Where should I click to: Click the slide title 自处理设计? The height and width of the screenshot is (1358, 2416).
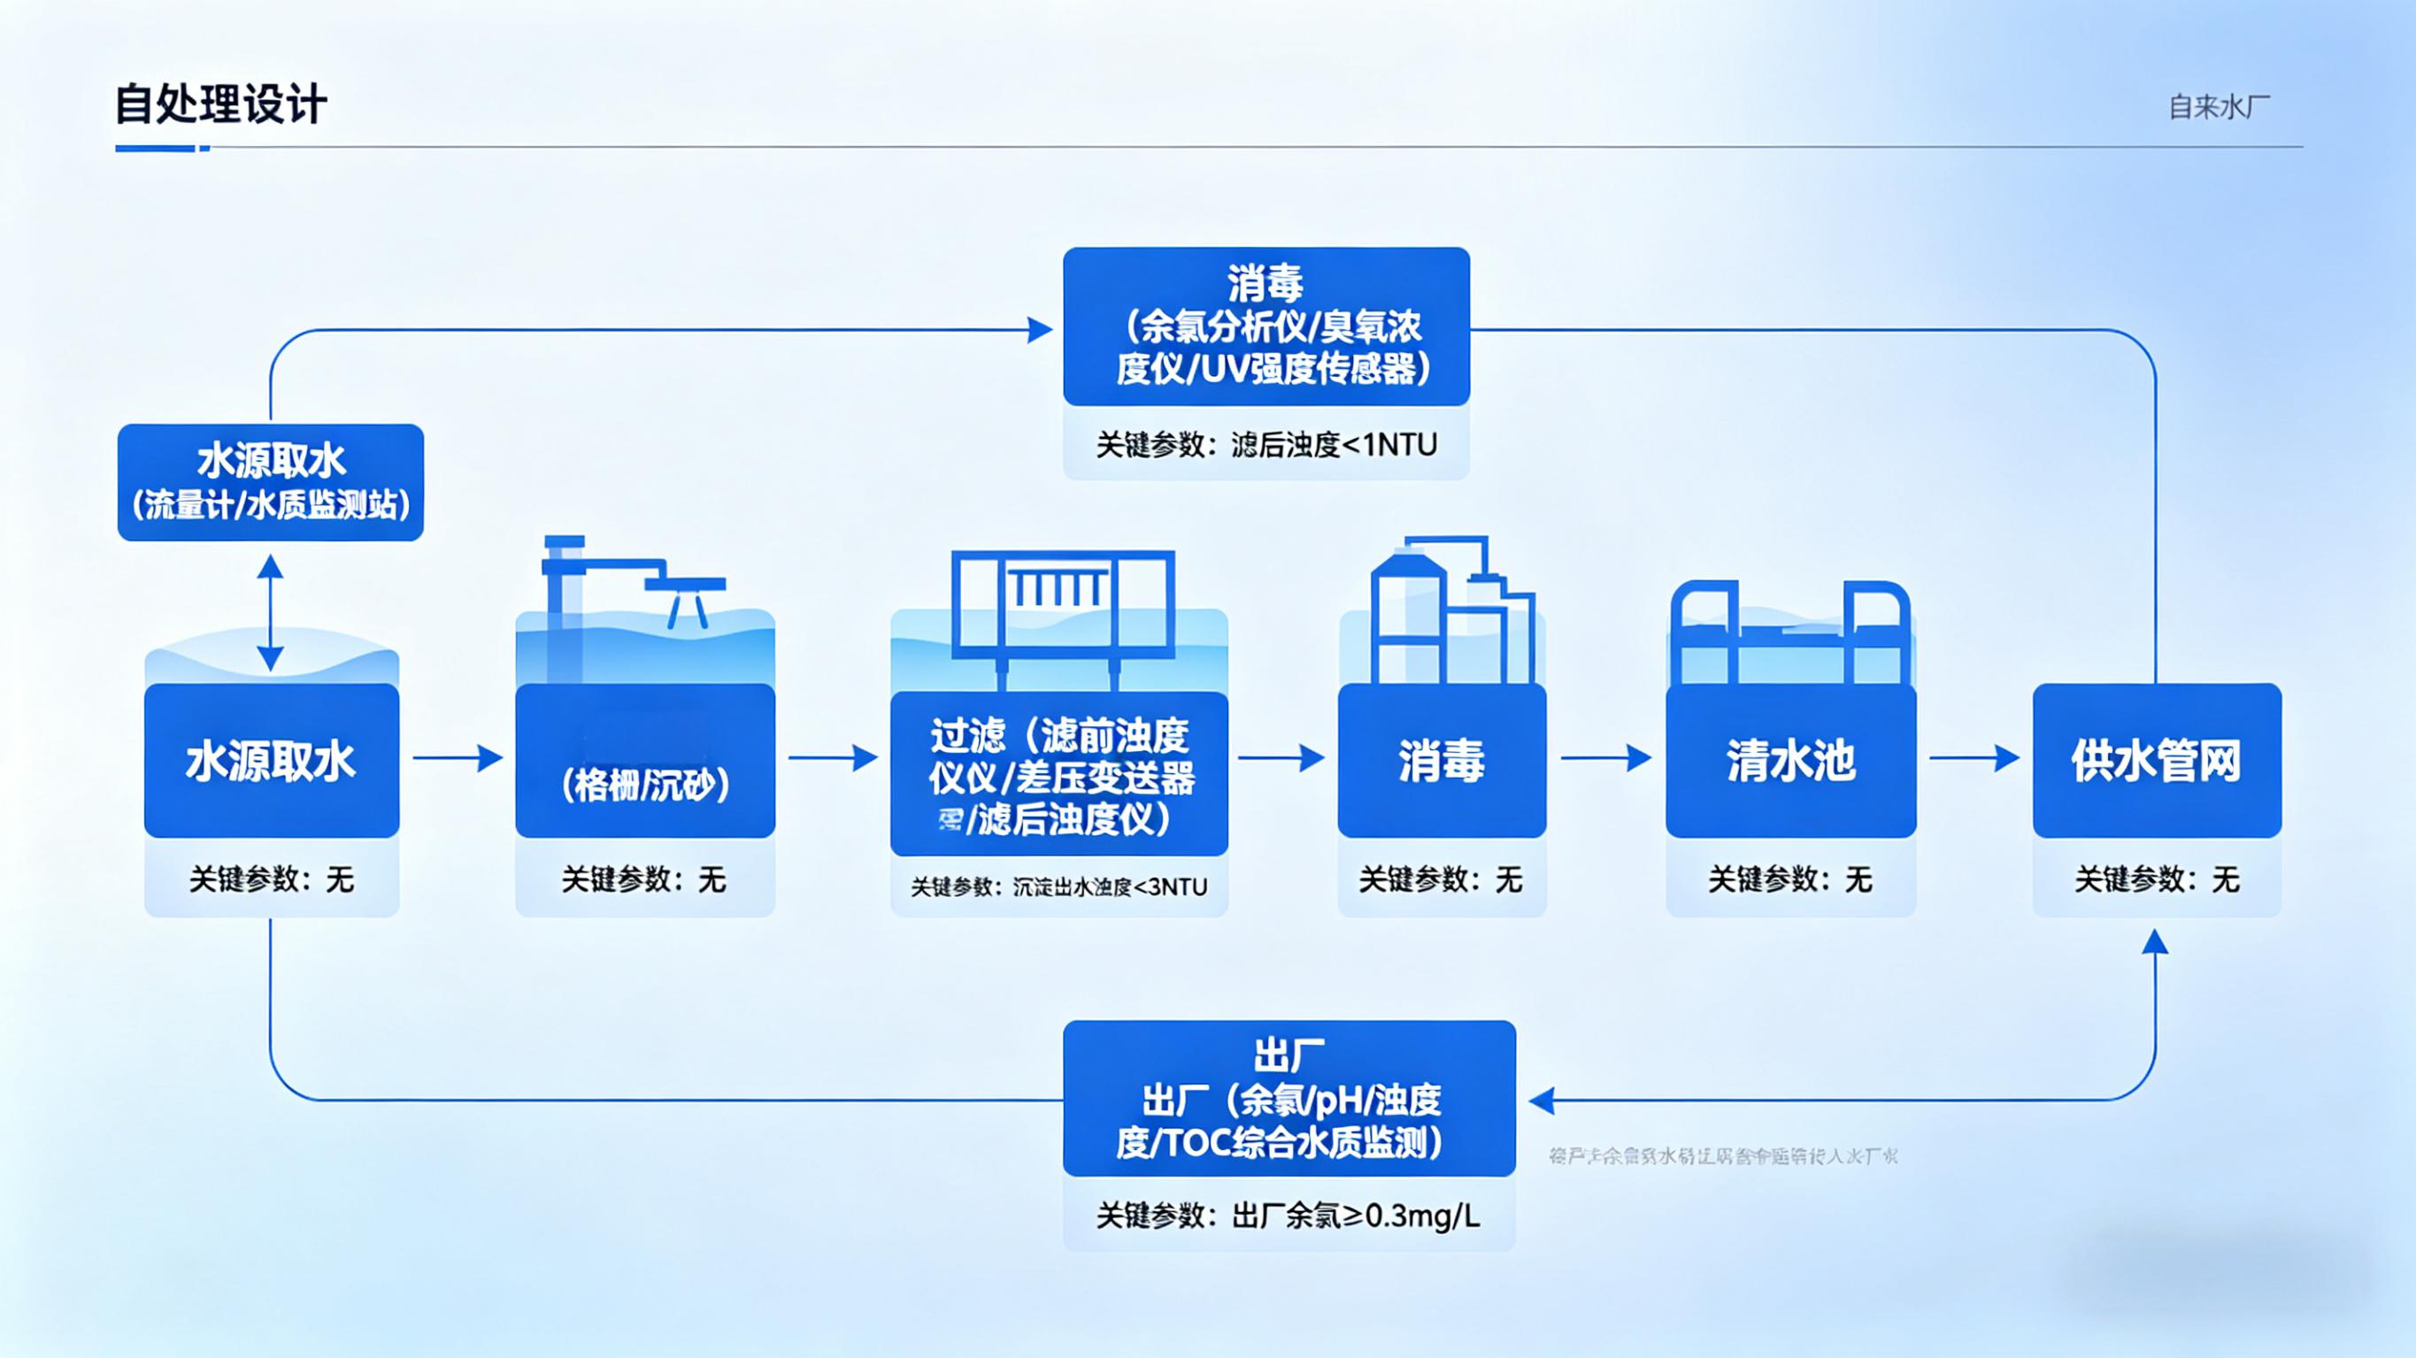220,104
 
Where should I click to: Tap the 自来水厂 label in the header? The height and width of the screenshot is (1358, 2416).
2218,107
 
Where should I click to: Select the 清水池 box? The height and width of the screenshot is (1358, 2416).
1790,760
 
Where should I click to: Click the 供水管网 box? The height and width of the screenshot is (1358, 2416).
2156,760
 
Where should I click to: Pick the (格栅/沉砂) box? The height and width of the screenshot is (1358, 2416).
645,762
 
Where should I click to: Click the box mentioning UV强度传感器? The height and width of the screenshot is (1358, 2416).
1266,326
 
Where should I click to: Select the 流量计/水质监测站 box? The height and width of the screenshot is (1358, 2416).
270,482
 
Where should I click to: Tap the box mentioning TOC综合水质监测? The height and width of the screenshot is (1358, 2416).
1289,1098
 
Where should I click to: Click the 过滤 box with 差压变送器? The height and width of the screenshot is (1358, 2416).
1058,775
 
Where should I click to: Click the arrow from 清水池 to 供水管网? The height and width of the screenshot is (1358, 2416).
1974,758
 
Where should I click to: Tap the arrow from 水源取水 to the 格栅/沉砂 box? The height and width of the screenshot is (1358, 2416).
458,758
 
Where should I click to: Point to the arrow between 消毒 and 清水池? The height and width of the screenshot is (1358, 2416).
1605,758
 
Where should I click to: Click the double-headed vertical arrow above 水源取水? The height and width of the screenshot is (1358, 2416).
270,612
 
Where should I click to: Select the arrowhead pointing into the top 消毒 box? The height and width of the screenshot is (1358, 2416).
1039,330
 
